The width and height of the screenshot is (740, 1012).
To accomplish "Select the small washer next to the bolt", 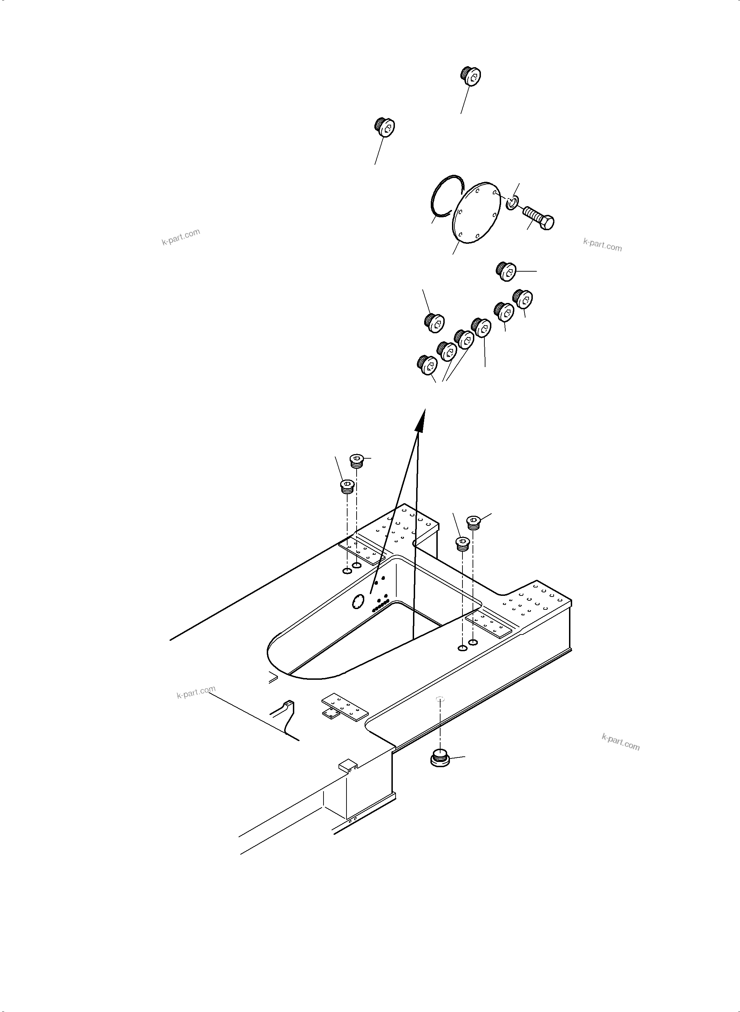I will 512,203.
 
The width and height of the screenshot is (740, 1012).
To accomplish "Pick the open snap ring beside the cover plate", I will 448,196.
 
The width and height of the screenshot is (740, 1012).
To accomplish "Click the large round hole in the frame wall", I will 358,602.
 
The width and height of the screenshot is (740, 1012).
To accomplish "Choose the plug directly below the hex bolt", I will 507,272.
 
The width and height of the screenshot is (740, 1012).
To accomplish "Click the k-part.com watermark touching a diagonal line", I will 196,693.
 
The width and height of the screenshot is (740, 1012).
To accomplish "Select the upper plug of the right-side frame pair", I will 474,522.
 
